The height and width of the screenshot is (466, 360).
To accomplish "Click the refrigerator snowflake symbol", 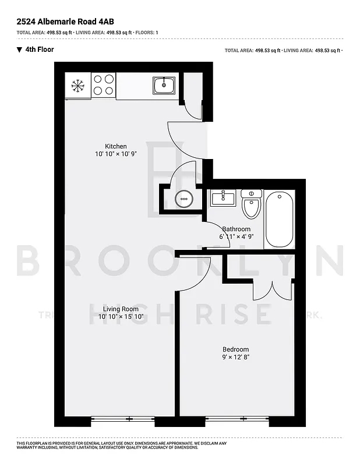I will (77, 86).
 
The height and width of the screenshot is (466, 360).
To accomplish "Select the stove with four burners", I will (103, 85).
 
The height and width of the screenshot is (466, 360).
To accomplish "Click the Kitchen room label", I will (115, 146).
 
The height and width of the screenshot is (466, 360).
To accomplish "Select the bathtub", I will (280, 220).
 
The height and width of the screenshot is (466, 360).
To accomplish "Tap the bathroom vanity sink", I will (223, 198).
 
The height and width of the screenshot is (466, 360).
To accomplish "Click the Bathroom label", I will (236, 229).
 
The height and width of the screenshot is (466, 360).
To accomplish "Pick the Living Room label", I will (121, 309).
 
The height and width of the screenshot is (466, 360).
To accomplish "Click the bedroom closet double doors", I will (272, 290).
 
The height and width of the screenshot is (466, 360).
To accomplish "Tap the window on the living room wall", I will (123, 418).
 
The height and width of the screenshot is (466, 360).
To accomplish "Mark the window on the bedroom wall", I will (237, 418).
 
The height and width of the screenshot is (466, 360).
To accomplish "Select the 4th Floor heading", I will (40, 50).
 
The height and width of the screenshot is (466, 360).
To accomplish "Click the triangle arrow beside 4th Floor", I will (19, 50).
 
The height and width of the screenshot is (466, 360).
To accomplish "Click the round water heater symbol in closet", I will (184, 199).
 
